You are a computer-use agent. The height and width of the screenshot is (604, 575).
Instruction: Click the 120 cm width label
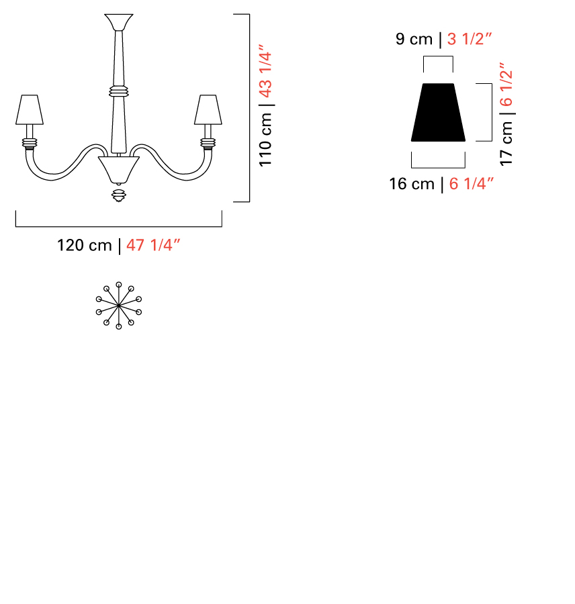pos(85,246)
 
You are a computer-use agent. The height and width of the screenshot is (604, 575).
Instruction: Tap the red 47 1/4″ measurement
pos(153,245)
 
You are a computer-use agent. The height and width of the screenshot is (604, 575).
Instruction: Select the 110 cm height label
pos(266,140)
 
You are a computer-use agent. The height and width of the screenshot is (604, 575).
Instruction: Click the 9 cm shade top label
pos(414,39)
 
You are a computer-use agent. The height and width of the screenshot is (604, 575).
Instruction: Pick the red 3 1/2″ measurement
pos(470,39)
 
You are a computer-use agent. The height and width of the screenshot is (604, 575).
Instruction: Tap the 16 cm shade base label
pos(412,184)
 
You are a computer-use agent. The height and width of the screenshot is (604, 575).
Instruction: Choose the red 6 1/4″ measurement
pos(472,184)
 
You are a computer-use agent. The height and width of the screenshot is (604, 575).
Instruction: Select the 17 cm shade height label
pos(506,144)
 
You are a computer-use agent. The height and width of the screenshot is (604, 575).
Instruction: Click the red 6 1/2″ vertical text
pos(506,84)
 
